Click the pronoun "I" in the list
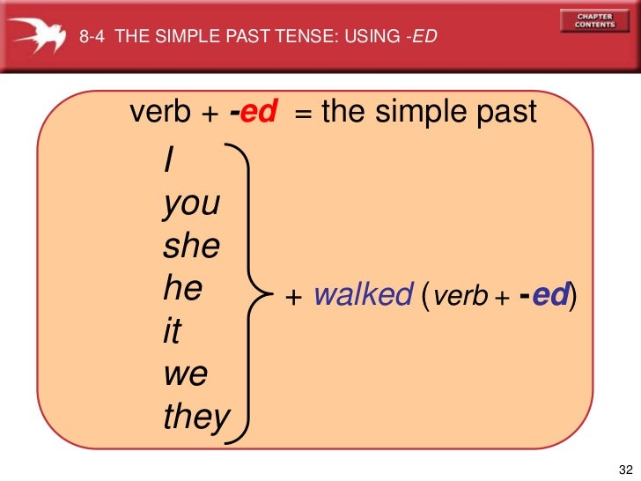pyautogui.click(x=167, y=160)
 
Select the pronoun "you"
pyautogui.click(x=191, y=204)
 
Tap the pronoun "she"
pyautogui.click(x=191, y=246)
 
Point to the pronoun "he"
pyautogui.click(x=182, y=288)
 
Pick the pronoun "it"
pyautogui.click(x=173, y=331)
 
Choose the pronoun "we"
pyautogui.click(x=186, y=374)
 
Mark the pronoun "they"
pyautogui.click(x=196, y=417)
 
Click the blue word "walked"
pyautogui.click(x=363, y=294)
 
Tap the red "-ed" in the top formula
pyautogui.click(x=253, y=112)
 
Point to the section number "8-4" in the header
pyautogui.click(x=92, y=36)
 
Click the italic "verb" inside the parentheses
pyautogui.click(x=461, y=296)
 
